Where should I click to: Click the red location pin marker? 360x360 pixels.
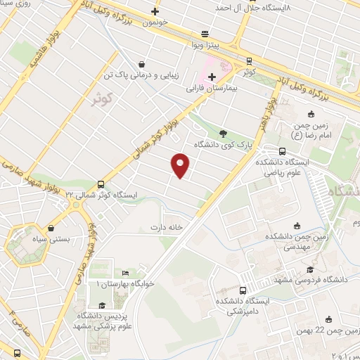pos(181,165)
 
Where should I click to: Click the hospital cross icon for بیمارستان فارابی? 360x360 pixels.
pos(212,76)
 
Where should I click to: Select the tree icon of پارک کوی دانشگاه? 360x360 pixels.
pos(223,133)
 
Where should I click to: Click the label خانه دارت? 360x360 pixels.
pos(166,227)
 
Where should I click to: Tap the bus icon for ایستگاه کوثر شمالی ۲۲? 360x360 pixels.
pos(101,182)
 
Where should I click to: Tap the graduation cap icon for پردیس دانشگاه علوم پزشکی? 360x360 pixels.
pos(102,305)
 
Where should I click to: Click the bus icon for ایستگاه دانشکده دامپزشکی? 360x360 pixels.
pos(243,290)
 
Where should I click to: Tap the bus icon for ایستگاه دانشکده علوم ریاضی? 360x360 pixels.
pos(282,150)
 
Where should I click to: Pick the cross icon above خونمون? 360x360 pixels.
pos(155,11)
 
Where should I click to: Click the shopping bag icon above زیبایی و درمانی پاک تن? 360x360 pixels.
pos(141,63)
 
